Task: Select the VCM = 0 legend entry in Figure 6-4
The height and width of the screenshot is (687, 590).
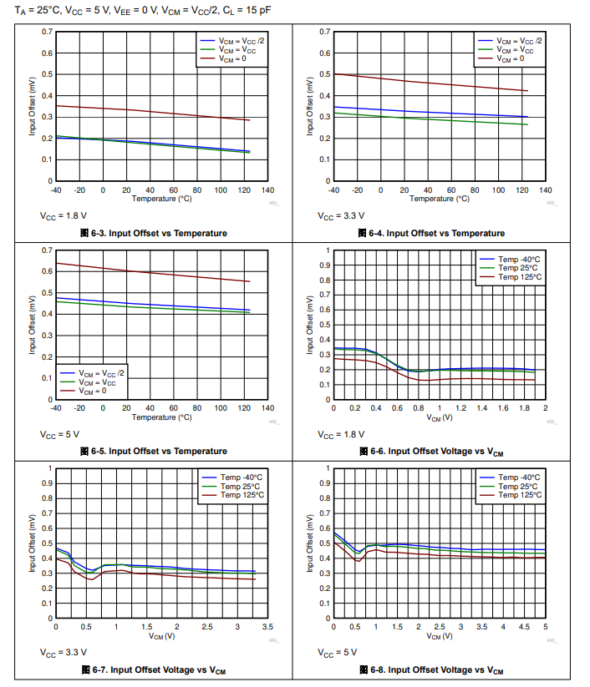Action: point(511,58)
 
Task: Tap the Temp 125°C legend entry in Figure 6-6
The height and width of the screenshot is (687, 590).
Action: point(518,277)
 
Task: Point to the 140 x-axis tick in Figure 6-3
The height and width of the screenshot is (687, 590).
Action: point(267,190)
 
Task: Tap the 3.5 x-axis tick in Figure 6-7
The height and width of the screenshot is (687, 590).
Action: point(267,627)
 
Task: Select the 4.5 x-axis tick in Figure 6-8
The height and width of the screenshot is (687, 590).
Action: point(524,627)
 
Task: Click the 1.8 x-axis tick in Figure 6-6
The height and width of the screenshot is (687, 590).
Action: point(524,408)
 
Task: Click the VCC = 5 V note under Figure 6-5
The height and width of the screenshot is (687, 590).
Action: point(61,434)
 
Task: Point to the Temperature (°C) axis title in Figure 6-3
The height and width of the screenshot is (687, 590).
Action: point(161,199)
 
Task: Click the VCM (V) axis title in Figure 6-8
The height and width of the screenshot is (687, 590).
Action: point(439,636)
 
